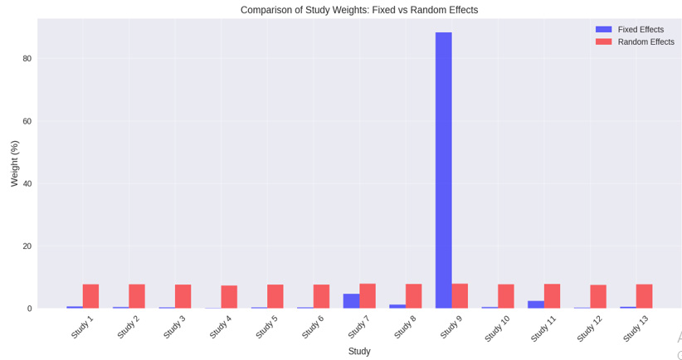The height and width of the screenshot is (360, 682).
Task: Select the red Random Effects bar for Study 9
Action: (x=460, y=296)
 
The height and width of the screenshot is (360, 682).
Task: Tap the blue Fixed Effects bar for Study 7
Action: (x=351, y=301)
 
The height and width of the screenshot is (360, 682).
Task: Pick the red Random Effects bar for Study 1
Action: (x=90, y=296)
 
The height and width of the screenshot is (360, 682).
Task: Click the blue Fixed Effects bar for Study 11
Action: (x=536, y=304)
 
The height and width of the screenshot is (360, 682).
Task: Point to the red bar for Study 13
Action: (x=645, y=296)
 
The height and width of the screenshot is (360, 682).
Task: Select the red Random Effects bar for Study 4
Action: (x=229, y=297)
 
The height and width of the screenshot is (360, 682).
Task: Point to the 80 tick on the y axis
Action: (x=27, y=58)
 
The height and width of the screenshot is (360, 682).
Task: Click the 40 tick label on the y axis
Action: (x=27, y=183)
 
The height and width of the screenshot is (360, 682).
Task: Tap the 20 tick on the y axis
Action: (x=27, y=246)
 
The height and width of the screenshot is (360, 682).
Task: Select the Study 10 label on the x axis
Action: (x=498, y=328)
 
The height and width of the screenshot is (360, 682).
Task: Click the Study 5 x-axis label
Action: (x=267, y=327)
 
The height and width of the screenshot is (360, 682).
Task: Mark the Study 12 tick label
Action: (x=590, y=328)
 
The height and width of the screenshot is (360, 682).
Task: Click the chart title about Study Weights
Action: (x=359, y=10)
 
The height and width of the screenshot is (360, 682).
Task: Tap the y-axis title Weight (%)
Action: (x=14, y=163)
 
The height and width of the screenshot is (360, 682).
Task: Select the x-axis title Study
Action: (x=359, y=352)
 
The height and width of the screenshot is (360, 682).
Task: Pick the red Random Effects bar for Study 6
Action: (x=321, y=296)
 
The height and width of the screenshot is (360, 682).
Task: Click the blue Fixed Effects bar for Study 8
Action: (x=397, y=306)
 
